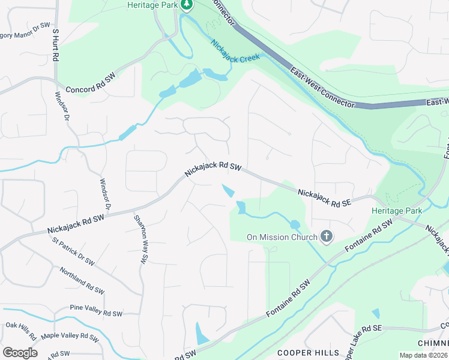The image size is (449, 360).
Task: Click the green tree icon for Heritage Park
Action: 187,5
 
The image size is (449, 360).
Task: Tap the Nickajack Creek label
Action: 235,50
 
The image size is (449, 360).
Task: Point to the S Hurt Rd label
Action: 55,44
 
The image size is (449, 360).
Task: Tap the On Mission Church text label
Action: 282,237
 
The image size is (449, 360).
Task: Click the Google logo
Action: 20,353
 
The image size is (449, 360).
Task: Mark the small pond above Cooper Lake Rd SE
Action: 376,313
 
